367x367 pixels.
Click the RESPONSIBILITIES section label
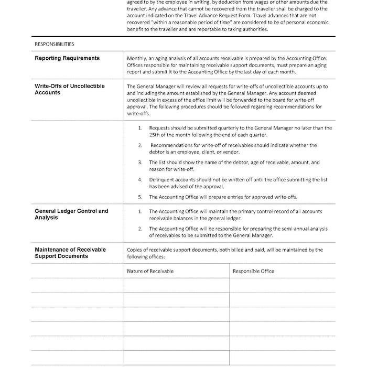click(54, 44)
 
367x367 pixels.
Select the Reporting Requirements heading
click(67, 58)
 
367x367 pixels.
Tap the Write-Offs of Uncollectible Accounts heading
click(70, 89)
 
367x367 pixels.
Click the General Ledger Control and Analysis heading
click(71, 214)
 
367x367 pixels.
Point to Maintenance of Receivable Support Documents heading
click(70, 253)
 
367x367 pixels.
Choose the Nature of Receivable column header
click(150, 271)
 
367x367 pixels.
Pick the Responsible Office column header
click(253, 271)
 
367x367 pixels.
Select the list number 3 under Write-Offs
click(140, 163)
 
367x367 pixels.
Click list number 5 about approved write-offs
click(140, 197)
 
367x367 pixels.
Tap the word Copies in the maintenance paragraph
click(135, 250)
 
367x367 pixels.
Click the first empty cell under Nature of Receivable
click(176, 285)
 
